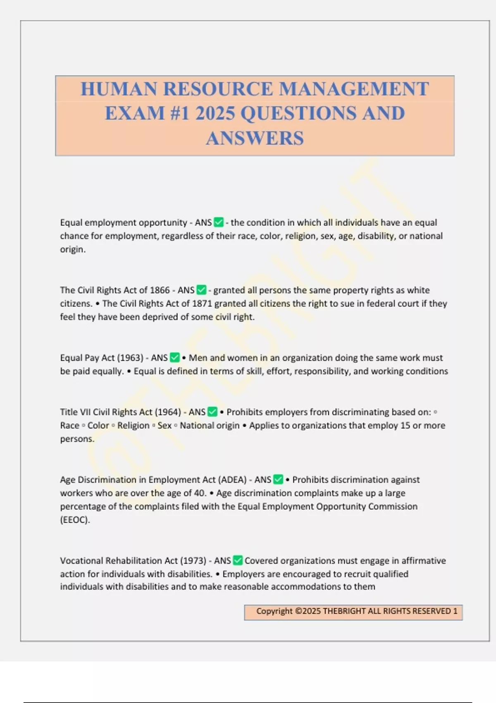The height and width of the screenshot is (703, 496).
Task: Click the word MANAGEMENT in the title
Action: pos(354,89)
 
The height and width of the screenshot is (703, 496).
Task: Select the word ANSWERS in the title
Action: pos(255,138)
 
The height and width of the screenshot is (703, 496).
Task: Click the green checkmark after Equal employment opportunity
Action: pos(219,222)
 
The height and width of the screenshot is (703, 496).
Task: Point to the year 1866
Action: pos(160,290)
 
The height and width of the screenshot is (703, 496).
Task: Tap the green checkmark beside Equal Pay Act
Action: pos(175,358)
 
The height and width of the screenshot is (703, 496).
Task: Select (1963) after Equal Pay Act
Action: pos(130,358)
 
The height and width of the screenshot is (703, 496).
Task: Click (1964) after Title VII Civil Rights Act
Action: pos(168,412)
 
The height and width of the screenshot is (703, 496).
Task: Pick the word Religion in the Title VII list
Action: pos(133,426)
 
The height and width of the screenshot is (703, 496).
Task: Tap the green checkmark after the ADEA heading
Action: pos(278,480)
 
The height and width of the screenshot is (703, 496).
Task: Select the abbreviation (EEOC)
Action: pos(75,520)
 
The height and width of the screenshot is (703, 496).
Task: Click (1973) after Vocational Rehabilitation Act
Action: pos(193,561)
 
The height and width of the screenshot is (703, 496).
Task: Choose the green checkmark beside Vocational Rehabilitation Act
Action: pos(238,561)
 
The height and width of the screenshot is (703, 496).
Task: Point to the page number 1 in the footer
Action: pos(455,611)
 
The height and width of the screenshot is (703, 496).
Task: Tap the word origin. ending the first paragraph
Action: pos(73,249)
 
